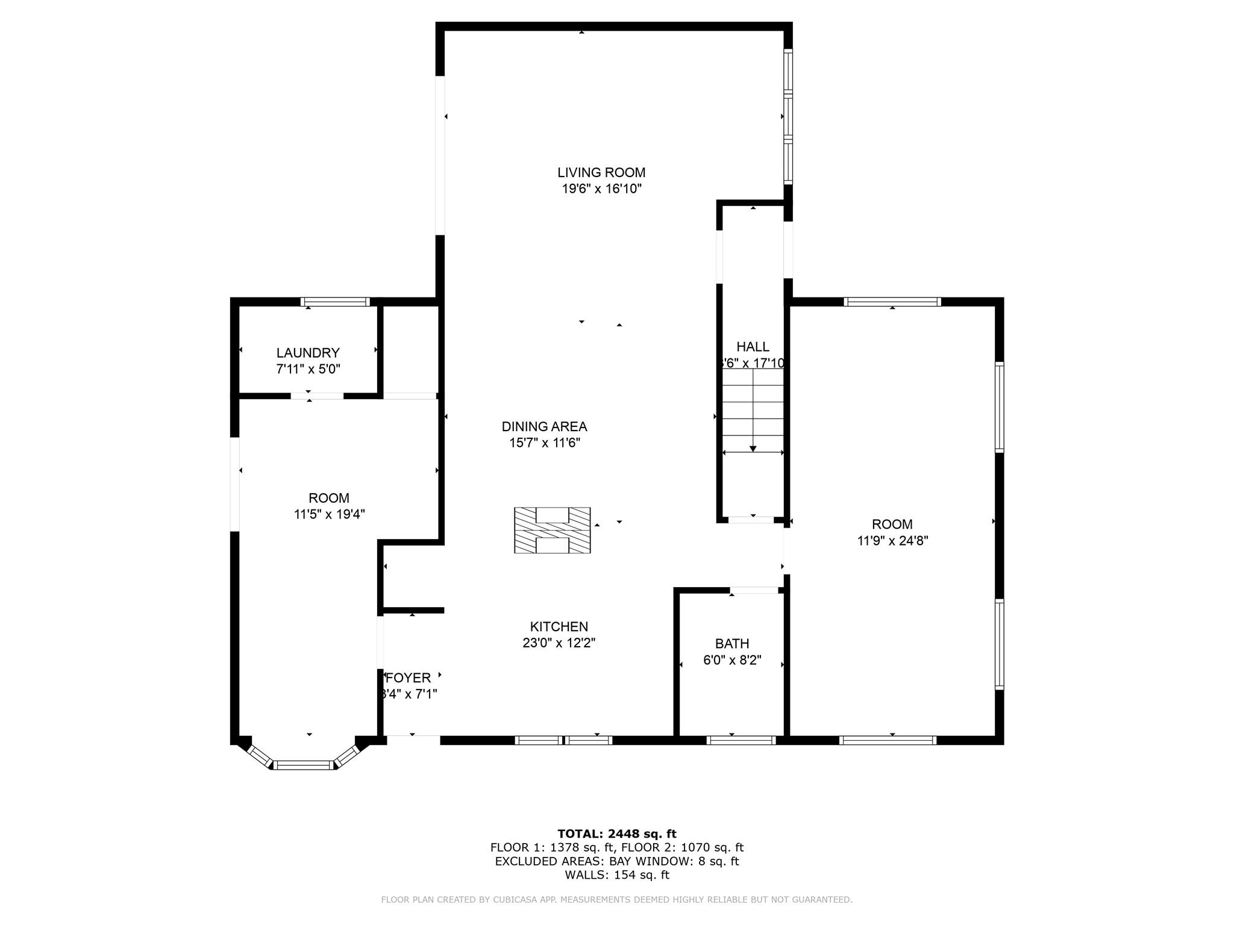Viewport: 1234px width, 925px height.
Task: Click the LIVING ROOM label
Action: coord(601,173)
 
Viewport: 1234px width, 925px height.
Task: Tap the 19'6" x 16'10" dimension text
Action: coord(601,189)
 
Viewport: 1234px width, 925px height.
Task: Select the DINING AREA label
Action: coord(544,427)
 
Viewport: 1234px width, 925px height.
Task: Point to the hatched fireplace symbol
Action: coord(552,531)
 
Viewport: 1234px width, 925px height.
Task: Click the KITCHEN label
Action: coord(559,627)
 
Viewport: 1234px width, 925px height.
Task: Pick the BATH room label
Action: coord(732,644)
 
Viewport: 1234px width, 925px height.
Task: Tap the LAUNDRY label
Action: coord(308,353)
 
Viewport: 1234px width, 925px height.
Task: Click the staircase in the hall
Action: coord(753,410)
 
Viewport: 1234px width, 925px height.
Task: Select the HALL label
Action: coord(753,347)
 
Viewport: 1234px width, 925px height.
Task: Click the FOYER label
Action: coord(409,678)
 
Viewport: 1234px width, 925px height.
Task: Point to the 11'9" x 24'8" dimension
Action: coord(892,541)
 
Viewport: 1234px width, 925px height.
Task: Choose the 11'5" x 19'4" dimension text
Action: coord(329,514)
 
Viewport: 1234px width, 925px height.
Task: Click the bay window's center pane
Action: coord(304,765)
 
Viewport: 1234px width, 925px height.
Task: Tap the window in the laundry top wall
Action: coord(335,302)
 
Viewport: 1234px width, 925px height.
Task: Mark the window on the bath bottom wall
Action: coord(741,740)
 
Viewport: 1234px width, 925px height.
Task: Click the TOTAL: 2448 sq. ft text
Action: coord(616,834)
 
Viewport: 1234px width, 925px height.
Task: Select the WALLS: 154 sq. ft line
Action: coord(616,875)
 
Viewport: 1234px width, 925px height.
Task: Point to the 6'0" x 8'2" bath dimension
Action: coord(732,660)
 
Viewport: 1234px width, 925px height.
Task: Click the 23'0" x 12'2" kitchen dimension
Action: coord(559,643)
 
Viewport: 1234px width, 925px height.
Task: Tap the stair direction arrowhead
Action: coord(753,449)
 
